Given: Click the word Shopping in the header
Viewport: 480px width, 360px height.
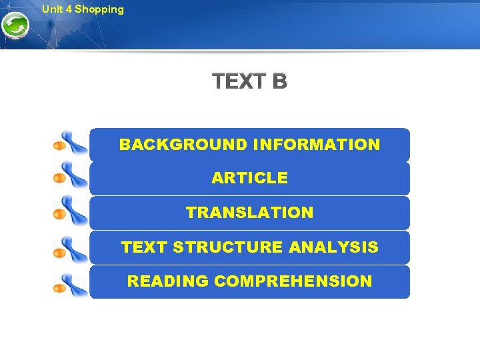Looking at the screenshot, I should (99, 9).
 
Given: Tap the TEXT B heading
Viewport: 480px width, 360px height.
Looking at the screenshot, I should (250, 82).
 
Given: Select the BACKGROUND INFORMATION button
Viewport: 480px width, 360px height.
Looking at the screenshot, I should (249, 145).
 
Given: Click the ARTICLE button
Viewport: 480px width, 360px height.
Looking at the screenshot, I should (249, 179).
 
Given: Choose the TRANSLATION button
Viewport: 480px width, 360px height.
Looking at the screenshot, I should (249, 213).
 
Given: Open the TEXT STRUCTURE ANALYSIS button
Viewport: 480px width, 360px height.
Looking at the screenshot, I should (249, 248).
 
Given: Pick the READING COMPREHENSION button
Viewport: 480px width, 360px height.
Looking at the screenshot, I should (249, 282).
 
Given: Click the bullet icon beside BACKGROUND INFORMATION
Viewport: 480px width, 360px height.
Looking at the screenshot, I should (70, 143).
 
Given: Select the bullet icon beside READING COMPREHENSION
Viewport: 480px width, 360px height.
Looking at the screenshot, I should (70, 283).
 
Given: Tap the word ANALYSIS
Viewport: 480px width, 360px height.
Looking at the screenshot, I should (333, 248).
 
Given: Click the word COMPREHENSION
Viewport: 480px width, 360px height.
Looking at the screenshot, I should (293, 282).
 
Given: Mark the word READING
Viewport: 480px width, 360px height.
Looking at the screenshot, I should (168, 282).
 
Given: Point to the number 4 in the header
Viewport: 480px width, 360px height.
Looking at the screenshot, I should (69, 9).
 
